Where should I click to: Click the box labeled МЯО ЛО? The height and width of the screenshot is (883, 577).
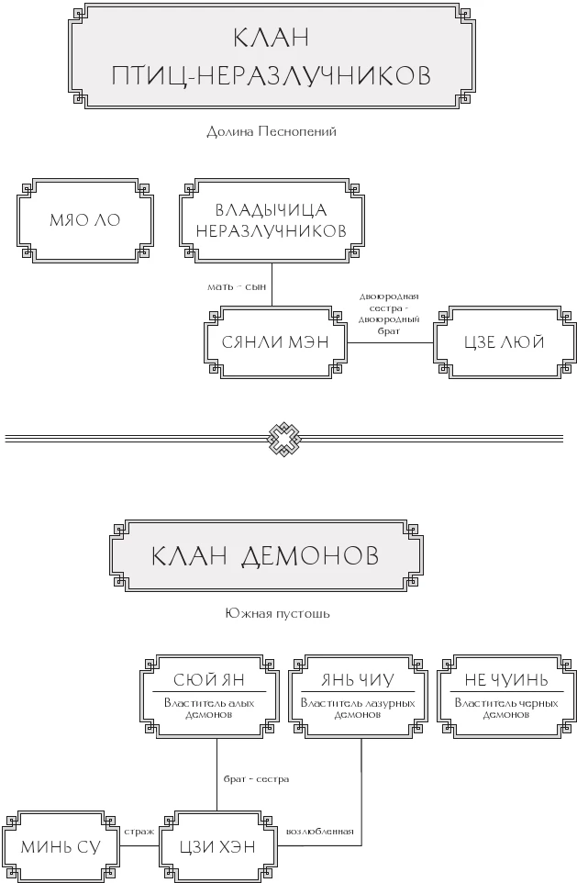coord(84,221)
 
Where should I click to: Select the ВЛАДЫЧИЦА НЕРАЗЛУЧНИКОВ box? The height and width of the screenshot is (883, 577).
coord(271,220)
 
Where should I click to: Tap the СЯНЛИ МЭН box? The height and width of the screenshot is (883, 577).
coord(272,342)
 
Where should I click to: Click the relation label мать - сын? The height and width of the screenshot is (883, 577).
coord(236,287)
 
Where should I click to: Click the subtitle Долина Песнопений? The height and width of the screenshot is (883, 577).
coord(272,131)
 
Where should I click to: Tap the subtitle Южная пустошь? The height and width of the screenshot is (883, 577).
coord(276,612)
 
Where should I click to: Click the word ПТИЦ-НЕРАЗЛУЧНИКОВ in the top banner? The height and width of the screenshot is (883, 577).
coord(271,75)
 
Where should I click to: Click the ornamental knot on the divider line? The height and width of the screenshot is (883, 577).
coord(286,439)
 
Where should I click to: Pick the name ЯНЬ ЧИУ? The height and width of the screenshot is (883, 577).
coord(358,680)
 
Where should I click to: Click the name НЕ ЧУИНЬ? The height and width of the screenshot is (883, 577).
coord(507,680)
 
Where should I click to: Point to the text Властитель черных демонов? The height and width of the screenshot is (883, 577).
coord(507,708)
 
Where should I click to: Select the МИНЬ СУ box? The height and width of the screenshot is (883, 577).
coord(61,846)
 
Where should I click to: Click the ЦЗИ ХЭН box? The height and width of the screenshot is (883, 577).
coord(218,846)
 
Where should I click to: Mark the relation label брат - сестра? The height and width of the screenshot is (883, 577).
coord(256,778)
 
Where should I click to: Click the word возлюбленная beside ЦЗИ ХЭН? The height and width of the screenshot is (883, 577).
coord(320,831)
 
